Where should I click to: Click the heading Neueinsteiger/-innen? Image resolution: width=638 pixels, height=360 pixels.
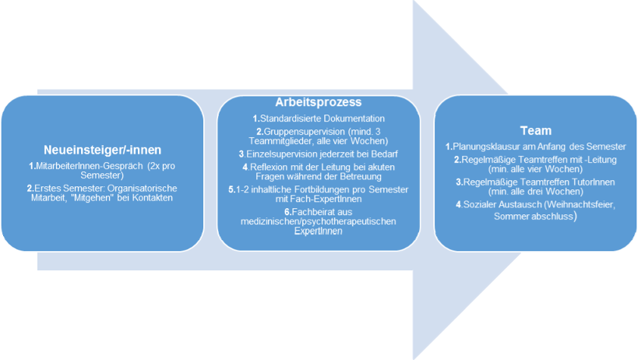click(x=103, y=150)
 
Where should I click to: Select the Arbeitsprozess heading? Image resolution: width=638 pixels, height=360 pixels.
click(x=318, y=102)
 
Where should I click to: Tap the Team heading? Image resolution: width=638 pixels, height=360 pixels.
click(x=536, y=131)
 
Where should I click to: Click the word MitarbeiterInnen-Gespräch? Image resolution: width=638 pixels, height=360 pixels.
click(x=90, y=166)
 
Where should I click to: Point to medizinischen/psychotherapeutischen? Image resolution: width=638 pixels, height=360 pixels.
click(x=318, y=222)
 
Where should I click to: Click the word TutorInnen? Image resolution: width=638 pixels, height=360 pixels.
click(x=594, y=182)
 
